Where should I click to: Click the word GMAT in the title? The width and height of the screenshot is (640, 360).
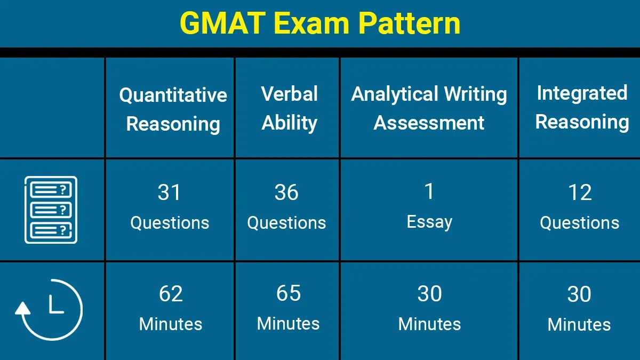pyautogui.click(x=223, y=23)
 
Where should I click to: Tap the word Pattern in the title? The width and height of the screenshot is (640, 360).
pyautogui.click(x=409, y=23)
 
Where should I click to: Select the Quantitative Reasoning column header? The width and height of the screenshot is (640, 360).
pyautogui.click(x=173, y=109)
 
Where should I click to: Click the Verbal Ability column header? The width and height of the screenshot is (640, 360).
pyautogui.click(x=289, y=108)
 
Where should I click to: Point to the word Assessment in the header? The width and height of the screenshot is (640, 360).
pyautogui.click(x=429, y=123)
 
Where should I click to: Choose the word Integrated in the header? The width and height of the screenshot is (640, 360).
pyautogui.click(x=582, y=93)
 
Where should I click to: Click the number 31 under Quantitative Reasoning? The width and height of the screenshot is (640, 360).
pyautogui.click(x=169, y=193)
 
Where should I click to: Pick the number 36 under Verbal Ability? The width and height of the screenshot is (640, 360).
pyautogui.click(x=286, y=193)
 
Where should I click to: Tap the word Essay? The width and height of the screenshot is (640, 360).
pyautogui.click(x=429, y=222)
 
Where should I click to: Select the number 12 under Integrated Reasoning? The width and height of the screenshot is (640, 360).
pyautogui.click(x=580, y=193)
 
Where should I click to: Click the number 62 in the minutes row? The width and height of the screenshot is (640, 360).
pyautogui.click(x=171, y=294)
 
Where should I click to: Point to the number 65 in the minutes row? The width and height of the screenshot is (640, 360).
pyautogui.click(x=289, y=293)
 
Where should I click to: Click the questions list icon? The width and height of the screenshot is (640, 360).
pyautogui.click(x=51, y=210)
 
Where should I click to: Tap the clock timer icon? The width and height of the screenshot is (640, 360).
pyautogui.click(x=49, y=310)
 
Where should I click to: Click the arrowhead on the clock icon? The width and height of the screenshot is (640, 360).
pyautogui.click(x=22, y=309)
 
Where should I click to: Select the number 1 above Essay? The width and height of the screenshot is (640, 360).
pyautogui.click(x=429, y=191)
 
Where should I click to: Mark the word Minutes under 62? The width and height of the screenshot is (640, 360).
pyautogui.click(x=171, y=324)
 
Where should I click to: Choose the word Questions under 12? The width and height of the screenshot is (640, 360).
pyautogui.click(x=579, y=223)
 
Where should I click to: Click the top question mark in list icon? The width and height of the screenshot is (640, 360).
pyautogui.click(x=63, y=189)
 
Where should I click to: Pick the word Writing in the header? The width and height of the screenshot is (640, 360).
pyautogui.click(x=475, y=95)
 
